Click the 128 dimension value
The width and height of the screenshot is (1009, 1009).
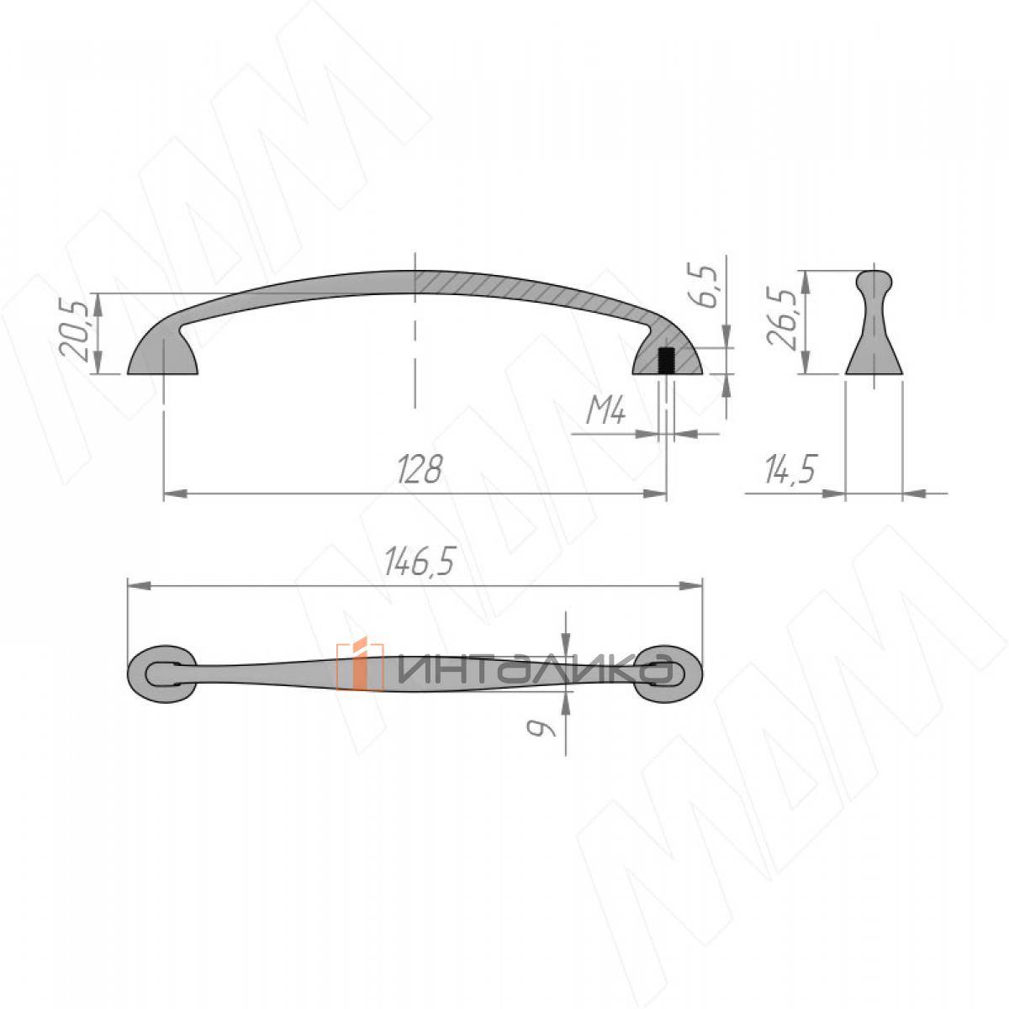click(420, 469)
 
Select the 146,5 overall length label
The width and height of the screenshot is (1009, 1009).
click(419, 562)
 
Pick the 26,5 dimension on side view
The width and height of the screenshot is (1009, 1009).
click(782, 316)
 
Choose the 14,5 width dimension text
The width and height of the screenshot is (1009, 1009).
click(790, 469)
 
